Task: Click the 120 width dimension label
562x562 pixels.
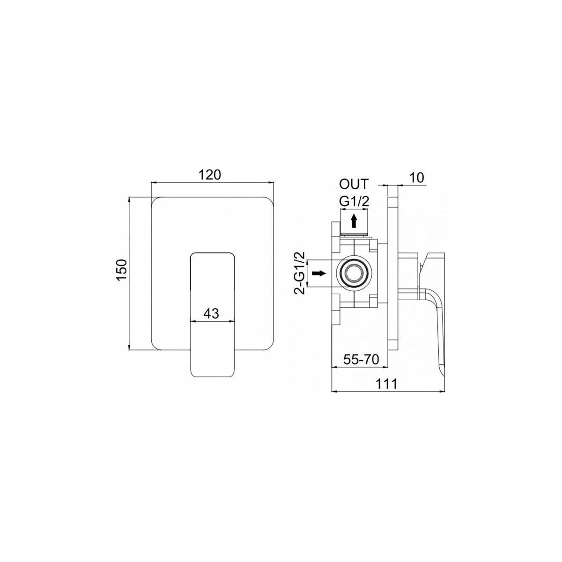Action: (210, 175)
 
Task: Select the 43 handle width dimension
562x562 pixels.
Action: (211, 313)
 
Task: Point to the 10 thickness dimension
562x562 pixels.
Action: (416, 177)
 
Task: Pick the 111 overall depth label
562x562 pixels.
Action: (387, 384)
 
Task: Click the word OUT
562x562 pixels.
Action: (354, 185)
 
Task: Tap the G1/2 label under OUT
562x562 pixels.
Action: (354, 201)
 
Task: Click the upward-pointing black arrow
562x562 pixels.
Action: (354, 221)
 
